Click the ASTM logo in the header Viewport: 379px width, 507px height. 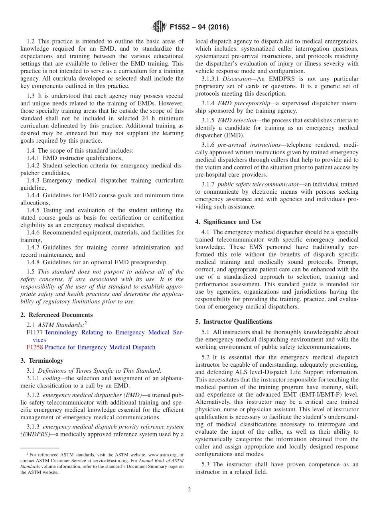coord(159,27)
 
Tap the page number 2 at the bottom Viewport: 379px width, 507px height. coord(189,489)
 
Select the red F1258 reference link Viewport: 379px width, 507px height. coord(35,347)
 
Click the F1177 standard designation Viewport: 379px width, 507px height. coord(35,332)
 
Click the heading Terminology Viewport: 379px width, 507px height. coord(42,361)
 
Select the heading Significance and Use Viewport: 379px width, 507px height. coord(228,222)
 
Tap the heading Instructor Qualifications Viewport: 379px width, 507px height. coord(234,322)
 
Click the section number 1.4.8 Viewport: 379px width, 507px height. coord(34,262)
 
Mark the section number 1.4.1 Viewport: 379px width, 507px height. coord(34,158)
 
